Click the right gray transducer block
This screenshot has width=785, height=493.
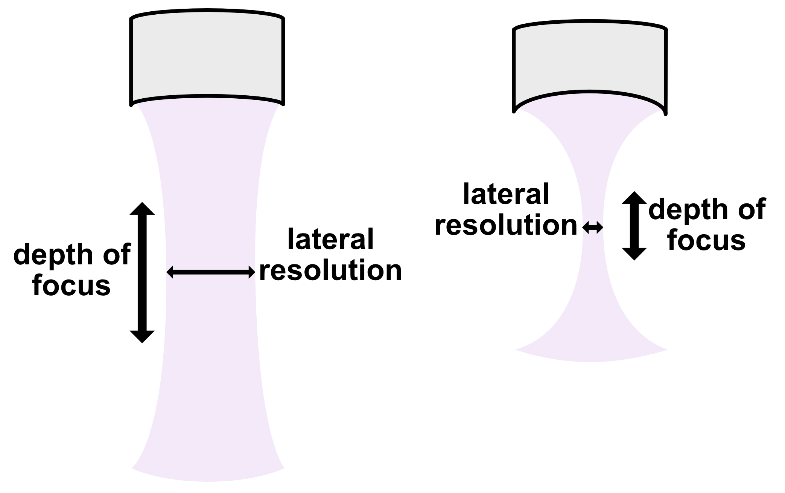pyautogui.click(x=590, y=64)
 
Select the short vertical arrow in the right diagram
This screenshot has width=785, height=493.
pyautogui.click(x=634, y=226)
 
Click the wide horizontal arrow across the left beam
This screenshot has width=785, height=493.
pyautogui.click(x=211, y=272)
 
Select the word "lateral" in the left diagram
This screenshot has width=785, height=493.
pyautogui.click(x=330, y=239)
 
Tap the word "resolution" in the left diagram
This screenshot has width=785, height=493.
pyautogui.click(x=330, y=270)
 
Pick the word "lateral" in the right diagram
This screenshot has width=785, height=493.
pyautogui.click(x=506, y=194)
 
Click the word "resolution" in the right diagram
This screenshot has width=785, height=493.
pyautogui.click(x=506, y=226)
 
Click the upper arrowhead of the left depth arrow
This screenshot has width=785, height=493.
pyautogui.click(x=142, y=209)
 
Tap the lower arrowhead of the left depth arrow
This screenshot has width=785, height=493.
pyautogui.click(x=142, y=336)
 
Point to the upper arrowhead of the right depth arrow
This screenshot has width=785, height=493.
pyautogui.click(x=634, y=198)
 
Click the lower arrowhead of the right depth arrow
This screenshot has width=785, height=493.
pyautogui.click(x=634, y=254)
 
